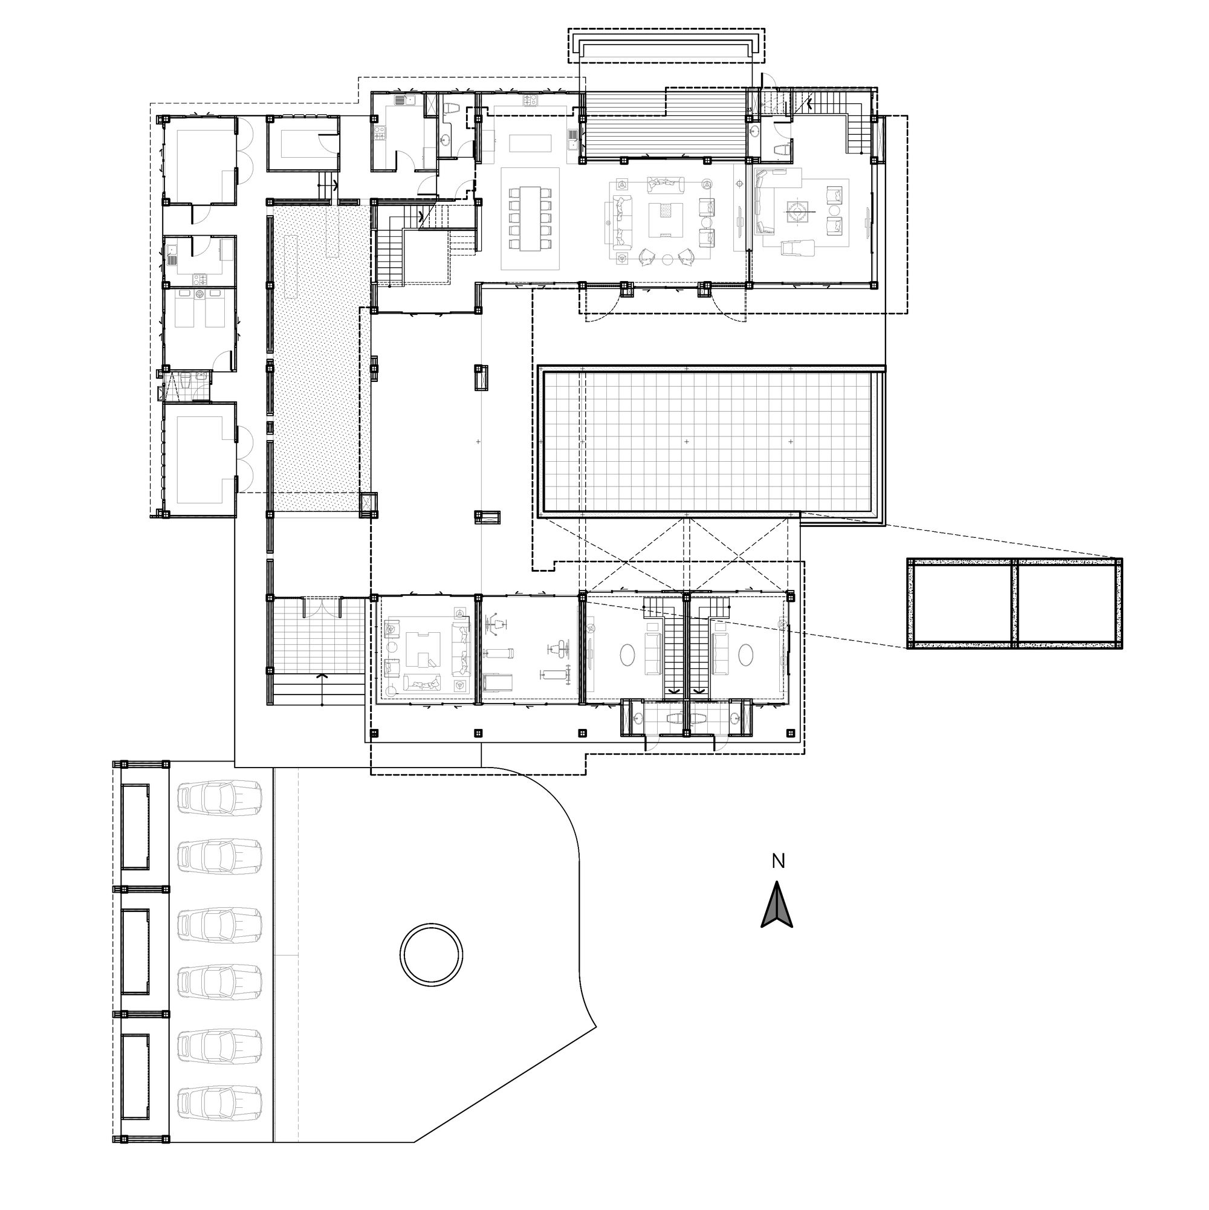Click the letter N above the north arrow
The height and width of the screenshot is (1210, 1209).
pos(778,862)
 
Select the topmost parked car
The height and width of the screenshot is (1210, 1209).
pos(219,798)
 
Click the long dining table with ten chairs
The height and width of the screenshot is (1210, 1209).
pos(530,219)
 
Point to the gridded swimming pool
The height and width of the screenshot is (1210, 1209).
pos(710,442)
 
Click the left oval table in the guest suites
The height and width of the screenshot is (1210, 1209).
pos(628,656)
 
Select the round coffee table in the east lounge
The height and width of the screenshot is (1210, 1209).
pos(798,212)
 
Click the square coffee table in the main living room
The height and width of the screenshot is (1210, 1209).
pos(664,219)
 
